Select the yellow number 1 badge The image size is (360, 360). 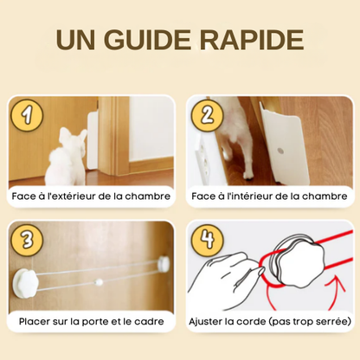click(27, 115)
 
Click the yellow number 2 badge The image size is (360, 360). click(208, 115)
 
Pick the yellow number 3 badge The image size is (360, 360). click(27, 241)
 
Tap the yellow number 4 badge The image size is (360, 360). click(208, 241)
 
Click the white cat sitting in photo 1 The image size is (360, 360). click(66, 157)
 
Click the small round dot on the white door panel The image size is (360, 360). click(280, 151)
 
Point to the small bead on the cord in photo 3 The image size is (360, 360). click(99, 282)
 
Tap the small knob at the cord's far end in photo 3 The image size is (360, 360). click(164, 262)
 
